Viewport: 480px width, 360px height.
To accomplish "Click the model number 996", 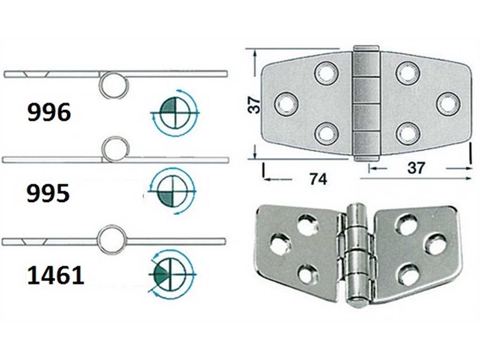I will tap(49, 112).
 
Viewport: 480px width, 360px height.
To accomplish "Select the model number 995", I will tap(48, 193).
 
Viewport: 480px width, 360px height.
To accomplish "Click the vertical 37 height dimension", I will tap(254, 104).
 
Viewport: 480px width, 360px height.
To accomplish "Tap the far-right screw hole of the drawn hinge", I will tap(446, 103).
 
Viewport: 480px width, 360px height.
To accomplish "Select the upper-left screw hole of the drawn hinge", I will tap(326, 73).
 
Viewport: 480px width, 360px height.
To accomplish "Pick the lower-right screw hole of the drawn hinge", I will tap(407, 132).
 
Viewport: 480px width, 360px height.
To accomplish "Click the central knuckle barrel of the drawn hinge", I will tap(366, 103).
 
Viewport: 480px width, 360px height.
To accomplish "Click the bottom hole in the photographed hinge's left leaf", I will tap(307, 275).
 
